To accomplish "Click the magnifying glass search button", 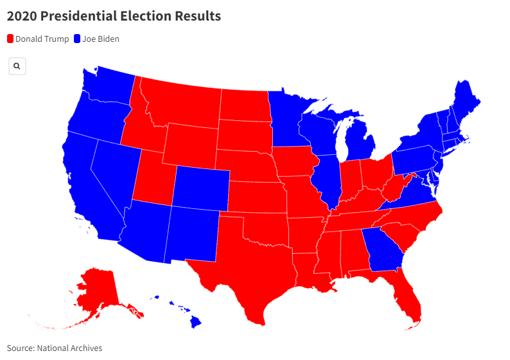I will click(x=17, y=66).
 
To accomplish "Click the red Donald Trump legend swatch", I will click(x=10, y=39).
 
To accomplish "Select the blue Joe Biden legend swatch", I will click(x=77, y=39).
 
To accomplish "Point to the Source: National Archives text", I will click(x=55, y=348).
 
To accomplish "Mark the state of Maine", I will click(x=464, y=103).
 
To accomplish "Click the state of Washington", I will click(x=109, y=87).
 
